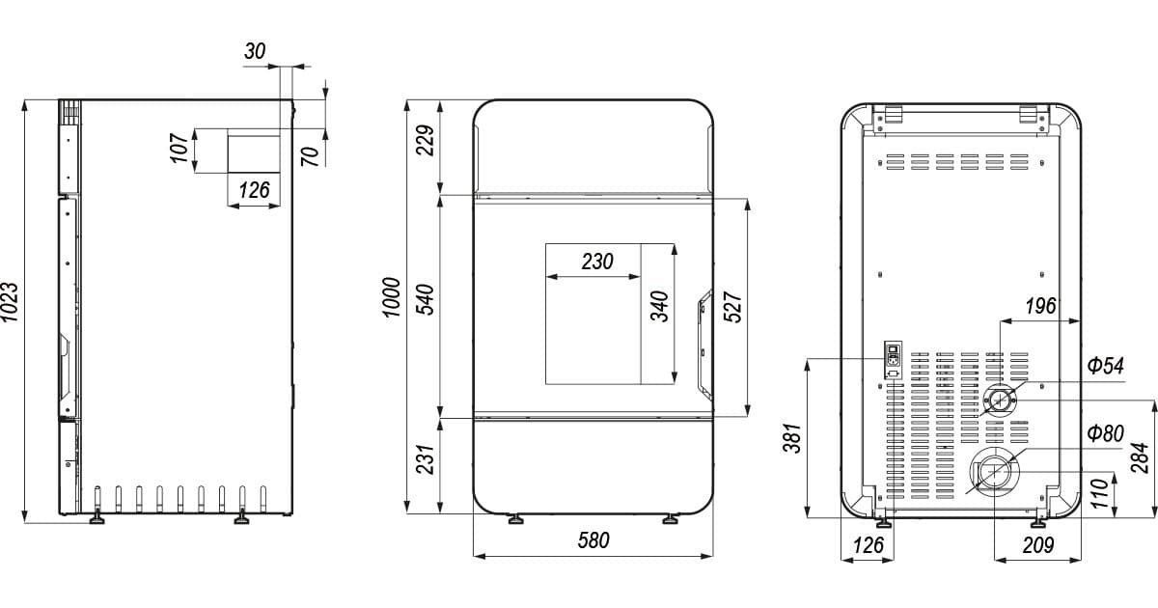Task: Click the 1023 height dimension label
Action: (x=10, y=302)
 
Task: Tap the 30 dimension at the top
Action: (x=255, y=51)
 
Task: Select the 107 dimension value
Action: (x=179, y=148)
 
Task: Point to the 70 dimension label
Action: (x=310, y=156)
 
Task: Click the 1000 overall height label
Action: (x=392, y=297)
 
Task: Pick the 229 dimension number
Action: (x=426, y=140)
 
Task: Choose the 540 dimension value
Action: (x=426, y=299)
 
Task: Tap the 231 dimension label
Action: (x=426, y=459)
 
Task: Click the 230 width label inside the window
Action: (x=597, y=262)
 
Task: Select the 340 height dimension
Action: (x=660, y=307)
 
